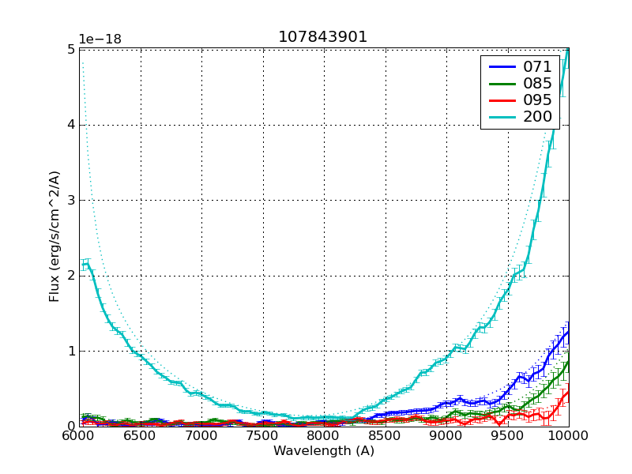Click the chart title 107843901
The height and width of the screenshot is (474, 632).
pos(323,37)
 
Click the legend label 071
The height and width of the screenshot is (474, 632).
pos(537,66)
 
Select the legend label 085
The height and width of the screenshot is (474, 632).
pos(537,83)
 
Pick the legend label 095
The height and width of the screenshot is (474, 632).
pos(537,100)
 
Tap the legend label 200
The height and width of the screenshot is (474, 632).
pos(537,117)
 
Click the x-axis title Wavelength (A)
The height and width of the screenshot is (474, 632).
pos(323,451)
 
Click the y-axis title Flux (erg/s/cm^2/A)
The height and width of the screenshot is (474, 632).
pos(55,238)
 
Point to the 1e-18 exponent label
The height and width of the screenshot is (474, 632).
pos(100,39)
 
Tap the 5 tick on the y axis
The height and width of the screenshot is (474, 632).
pos(71,49)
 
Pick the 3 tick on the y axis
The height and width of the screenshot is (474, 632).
pos(71,200)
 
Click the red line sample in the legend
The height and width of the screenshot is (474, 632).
pos(501,100)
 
